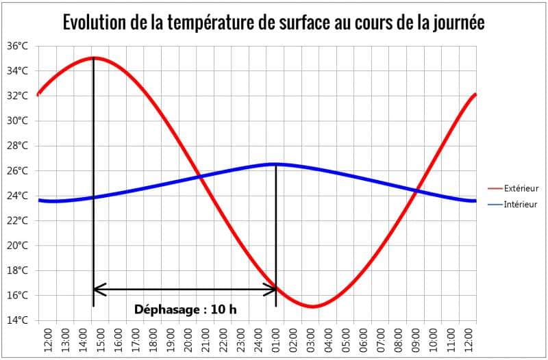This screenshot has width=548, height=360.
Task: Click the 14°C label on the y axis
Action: click(18, 320)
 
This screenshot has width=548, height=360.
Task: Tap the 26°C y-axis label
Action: click(18, 170)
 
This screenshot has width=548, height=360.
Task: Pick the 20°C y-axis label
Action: click(18, 246)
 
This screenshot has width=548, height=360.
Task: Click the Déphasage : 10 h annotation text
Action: click(185, 309)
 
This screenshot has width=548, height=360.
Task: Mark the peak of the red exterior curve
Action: click(93, 58)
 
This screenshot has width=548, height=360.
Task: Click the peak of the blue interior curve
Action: click(275, 164)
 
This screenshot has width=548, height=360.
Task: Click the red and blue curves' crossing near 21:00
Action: click(199, 177)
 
